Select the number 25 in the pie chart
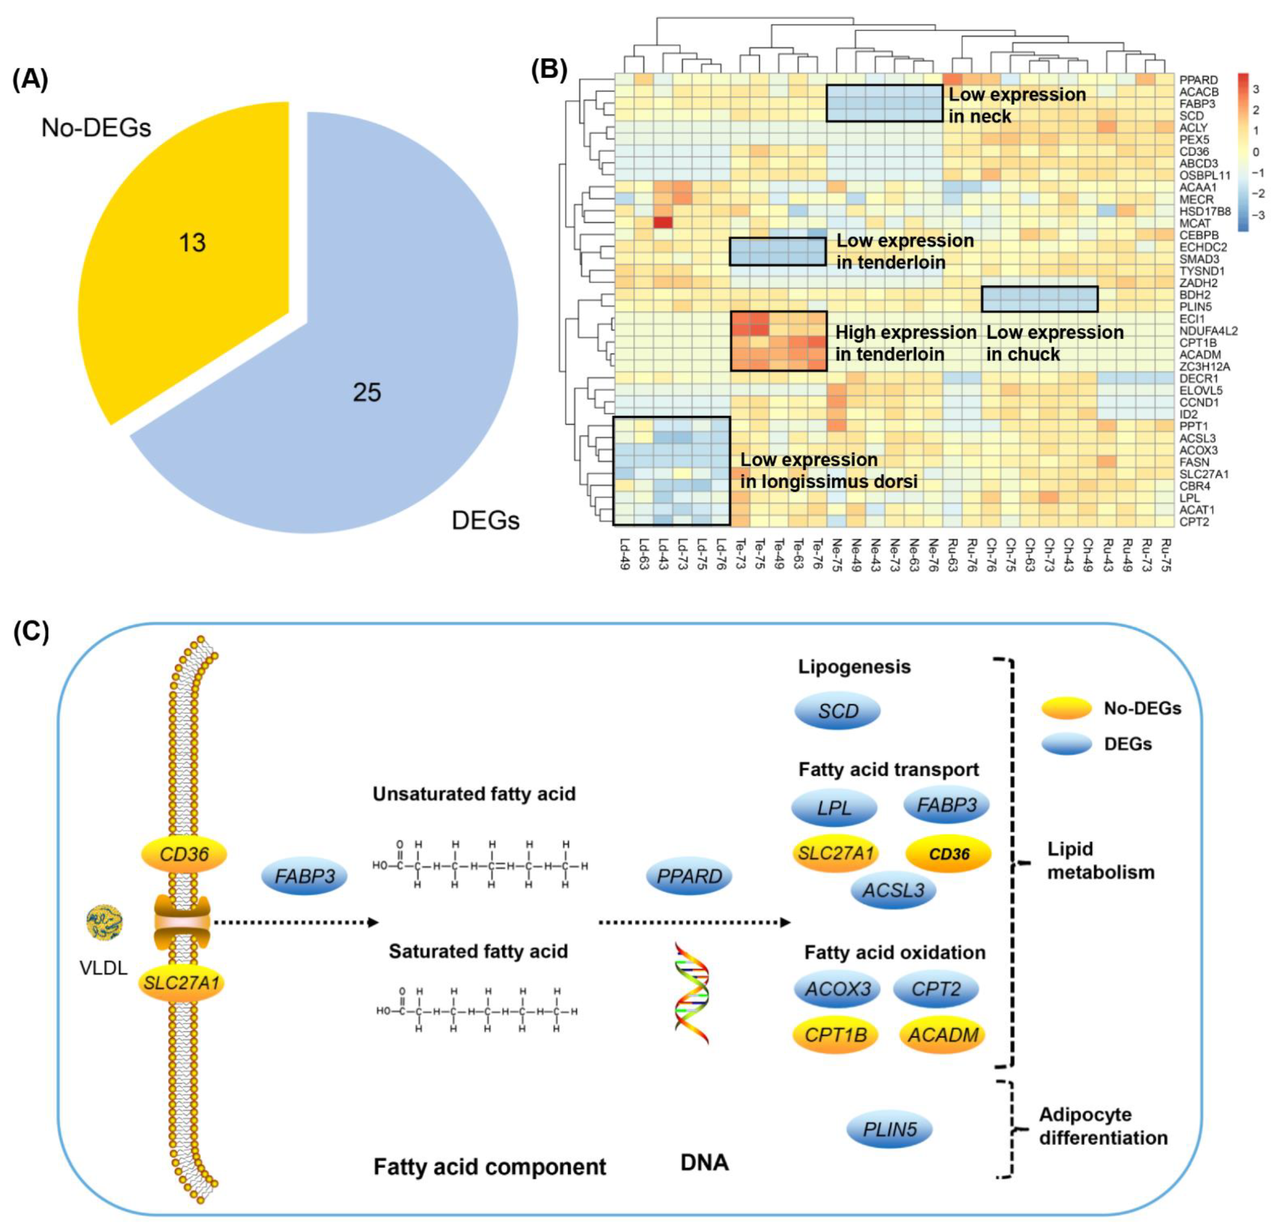coord(367,393)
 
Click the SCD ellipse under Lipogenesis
coord(837,711)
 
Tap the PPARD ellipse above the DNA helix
coord(689,876)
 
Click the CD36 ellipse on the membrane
coord(184,854)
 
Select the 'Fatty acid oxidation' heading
coord(894,952)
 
